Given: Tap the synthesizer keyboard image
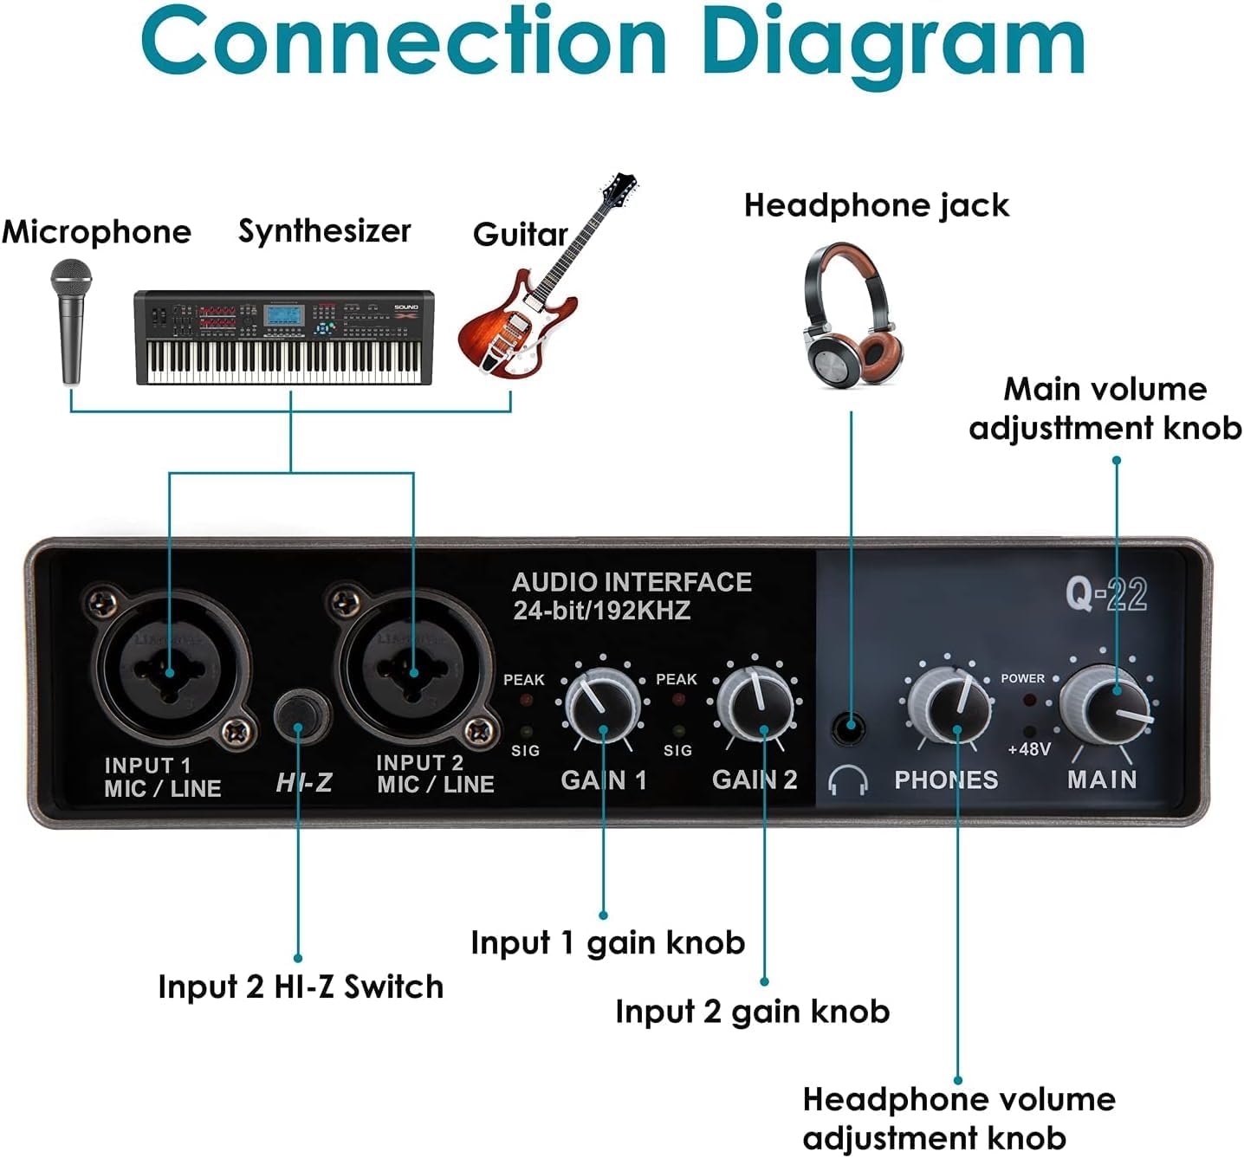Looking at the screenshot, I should pos(284,338).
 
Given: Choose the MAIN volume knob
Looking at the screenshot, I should pos(1104,703).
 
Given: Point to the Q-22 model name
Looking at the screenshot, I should pos(1106,595).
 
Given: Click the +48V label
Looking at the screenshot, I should pos(1029,748).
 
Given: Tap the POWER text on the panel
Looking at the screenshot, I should pos(1022,678).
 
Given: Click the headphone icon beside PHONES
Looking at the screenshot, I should pos(847,780).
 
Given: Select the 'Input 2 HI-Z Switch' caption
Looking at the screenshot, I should pos(301,987).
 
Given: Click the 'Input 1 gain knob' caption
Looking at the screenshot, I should pos(607,942).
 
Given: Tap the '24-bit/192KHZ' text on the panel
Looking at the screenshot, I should pos(602,611).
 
